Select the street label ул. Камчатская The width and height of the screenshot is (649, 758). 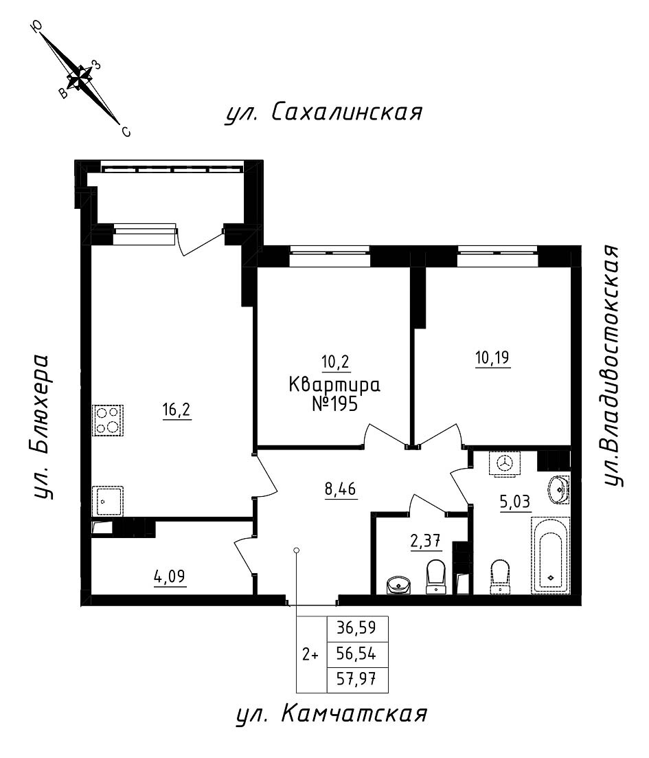(331, 715)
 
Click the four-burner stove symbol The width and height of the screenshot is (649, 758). (106, 420)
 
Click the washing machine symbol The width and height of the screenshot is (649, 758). (505, 464)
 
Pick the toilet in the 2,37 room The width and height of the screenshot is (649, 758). (435, 576)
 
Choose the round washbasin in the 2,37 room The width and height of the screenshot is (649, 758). (398, 585)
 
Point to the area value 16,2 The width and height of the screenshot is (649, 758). (177, 411)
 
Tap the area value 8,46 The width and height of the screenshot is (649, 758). (341, 489)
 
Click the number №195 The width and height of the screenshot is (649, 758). (334, 404)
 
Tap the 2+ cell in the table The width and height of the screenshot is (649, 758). (310, 654)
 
